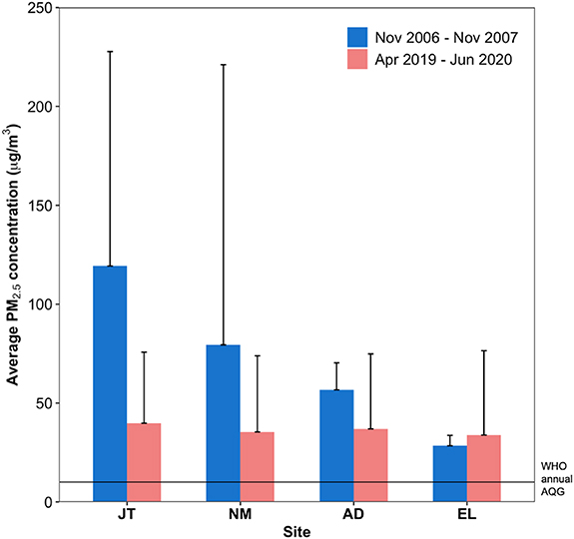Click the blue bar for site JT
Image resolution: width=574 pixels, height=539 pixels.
[x=110, y=384]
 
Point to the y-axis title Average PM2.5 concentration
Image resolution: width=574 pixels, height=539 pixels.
[x=14, y=255]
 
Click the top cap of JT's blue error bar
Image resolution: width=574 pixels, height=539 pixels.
[x=110, y=51]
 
